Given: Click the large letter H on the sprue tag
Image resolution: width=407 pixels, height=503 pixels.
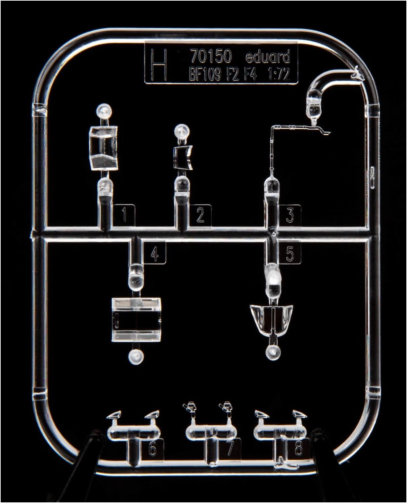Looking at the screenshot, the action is [160, 64].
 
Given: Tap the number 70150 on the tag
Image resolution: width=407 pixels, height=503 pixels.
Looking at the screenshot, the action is [211, 57].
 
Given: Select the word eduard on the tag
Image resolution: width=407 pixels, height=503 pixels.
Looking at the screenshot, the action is [268, 57].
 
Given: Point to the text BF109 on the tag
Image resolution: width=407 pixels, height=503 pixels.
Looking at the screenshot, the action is [205, 75].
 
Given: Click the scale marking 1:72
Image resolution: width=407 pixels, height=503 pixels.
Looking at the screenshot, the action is [279, 75].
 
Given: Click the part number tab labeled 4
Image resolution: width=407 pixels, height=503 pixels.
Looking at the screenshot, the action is [154, 253].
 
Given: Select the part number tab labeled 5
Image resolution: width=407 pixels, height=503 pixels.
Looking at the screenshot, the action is [290, 253].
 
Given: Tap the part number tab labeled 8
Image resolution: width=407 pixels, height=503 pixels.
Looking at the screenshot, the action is [299, 449].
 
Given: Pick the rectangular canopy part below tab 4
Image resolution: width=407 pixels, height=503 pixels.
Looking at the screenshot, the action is [136, 320].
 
